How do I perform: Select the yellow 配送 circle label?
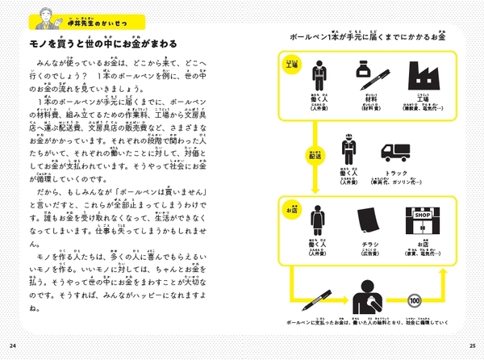click(x=316, y=154)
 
